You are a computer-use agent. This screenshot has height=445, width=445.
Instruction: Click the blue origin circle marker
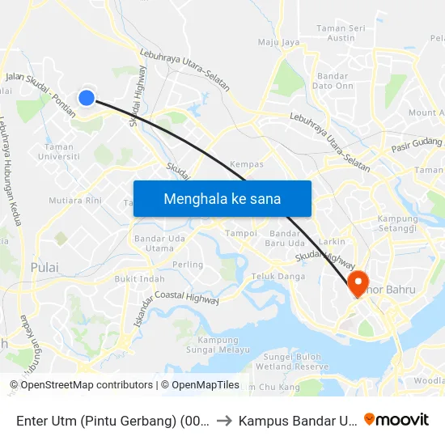(x=87, y=98)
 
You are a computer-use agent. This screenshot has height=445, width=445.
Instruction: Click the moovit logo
(x=396, y=419)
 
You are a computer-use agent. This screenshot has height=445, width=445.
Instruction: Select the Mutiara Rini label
(x=74, y=200)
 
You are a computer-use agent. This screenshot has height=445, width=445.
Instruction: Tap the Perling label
(x=189, y=265)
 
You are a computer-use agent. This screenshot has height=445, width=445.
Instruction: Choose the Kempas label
(x=247, y=164)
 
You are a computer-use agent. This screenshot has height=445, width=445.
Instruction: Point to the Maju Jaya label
(x=279, y=42)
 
